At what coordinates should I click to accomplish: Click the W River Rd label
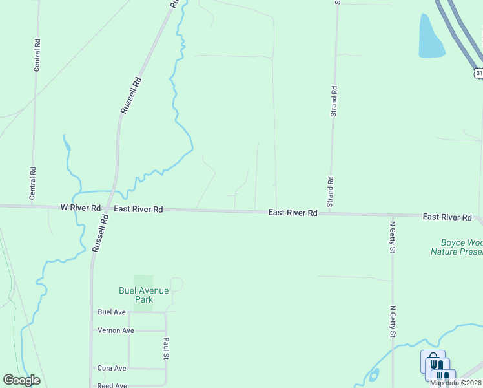81,208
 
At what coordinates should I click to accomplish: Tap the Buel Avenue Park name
143,295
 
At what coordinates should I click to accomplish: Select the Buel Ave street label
111,312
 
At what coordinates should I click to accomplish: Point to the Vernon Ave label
116,330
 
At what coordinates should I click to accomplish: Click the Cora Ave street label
112,368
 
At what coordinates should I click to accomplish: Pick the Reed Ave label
112,385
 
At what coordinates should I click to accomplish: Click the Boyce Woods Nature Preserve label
456,247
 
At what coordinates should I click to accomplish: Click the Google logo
21,380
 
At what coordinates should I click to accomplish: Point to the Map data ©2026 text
456,383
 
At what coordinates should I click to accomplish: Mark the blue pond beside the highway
431,38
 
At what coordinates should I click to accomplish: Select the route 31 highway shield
478,73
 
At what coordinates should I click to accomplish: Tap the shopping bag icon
432,361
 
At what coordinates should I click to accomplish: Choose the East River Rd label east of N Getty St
447,218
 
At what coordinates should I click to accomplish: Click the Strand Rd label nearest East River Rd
330,191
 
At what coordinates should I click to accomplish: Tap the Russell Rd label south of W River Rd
100,233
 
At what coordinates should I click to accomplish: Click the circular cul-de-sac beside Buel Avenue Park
176,284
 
